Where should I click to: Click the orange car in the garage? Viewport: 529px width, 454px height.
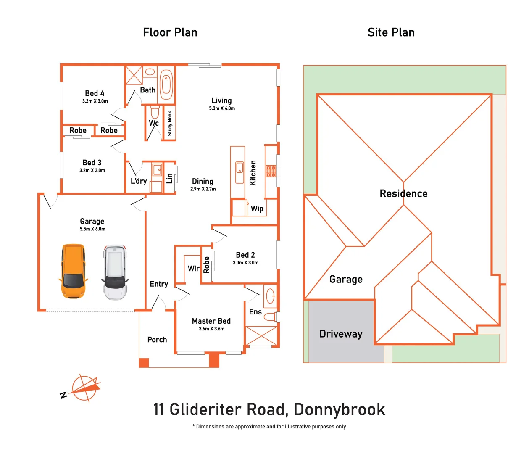coord(73,272)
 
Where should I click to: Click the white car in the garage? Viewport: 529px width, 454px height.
coord(115,272)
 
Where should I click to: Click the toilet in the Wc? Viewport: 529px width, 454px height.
coord(155,112)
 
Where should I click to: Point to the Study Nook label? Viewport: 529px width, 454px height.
coord(170,123)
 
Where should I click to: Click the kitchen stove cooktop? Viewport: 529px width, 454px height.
coord(271,171)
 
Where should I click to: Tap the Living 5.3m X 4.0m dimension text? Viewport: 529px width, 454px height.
coord(222,108)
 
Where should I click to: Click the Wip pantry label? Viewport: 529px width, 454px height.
coord(257,209)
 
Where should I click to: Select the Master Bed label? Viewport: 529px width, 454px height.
coord(211,321)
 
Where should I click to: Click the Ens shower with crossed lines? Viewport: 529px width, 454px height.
coord(261,335)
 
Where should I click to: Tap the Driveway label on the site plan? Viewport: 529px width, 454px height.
coord(341,334)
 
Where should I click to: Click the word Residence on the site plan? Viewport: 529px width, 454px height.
coord(403,193)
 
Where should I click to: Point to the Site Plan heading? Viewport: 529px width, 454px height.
coord(391,32)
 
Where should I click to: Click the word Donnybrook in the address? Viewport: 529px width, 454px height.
coord(339,409)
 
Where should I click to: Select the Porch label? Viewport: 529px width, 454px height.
coord(157,339)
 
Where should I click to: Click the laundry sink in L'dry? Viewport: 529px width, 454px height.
coord(157,170)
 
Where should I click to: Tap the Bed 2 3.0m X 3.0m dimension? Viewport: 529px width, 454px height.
coord(245,263)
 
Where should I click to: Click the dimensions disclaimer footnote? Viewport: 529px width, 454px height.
coord(269,426)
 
